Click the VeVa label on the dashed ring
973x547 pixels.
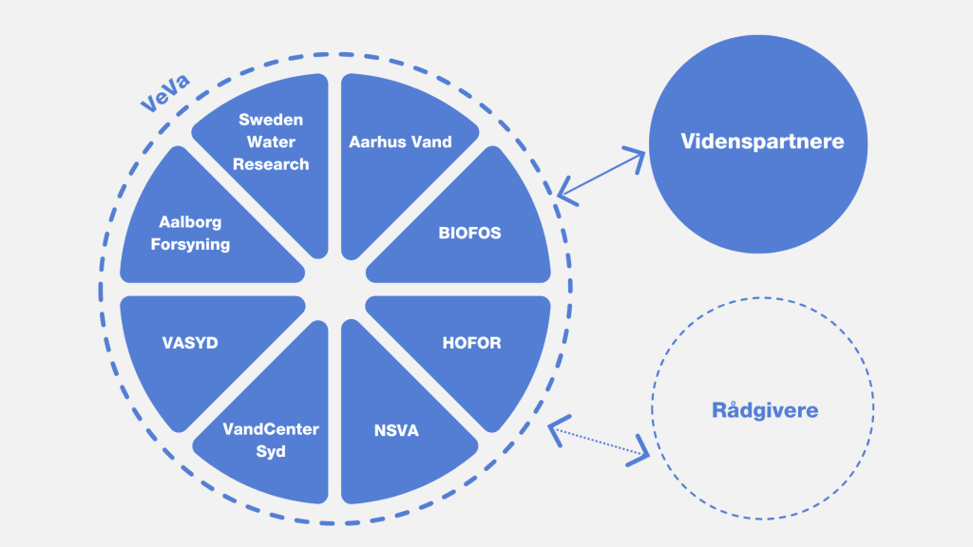pyautogui.click(x=164, y=93)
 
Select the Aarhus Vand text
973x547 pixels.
pyautogui.click(x=400, y=141)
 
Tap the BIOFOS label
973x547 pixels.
pyautogui.click(x=469, y=232)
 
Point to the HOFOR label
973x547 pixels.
pyautogui.click(x=471, y=343)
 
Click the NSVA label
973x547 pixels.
pyautogui.click(x=396, y=430)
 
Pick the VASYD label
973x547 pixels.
pyautogui.click(x=190, y=343)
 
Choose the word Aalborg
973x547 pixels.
pyautogui.click(x=190, y=222)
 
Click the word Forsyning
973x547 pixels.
pyautogui.click(x=190, y=244)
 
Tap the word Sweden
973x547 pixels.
pyautogui.click(x=271, y=120)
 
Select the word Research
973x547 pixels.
pyautogui.click(x=271, y=164)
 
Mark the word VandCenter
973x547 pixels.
pyautogui.click(x=271, y=429)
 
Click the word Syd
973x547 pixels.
pyautogui.click(x=271, y=451)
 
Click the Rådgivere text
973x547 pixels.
pyautogui.click(x=765, y=411)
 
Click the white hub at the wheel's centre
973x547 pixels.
pyautogui.click(x=335, y=289)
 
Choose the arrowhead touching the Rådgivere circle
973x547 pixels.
pyautogui.click(x=639, y=451)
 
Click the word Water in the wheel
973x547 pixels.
pyautogui.click(x=271, y=142)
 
